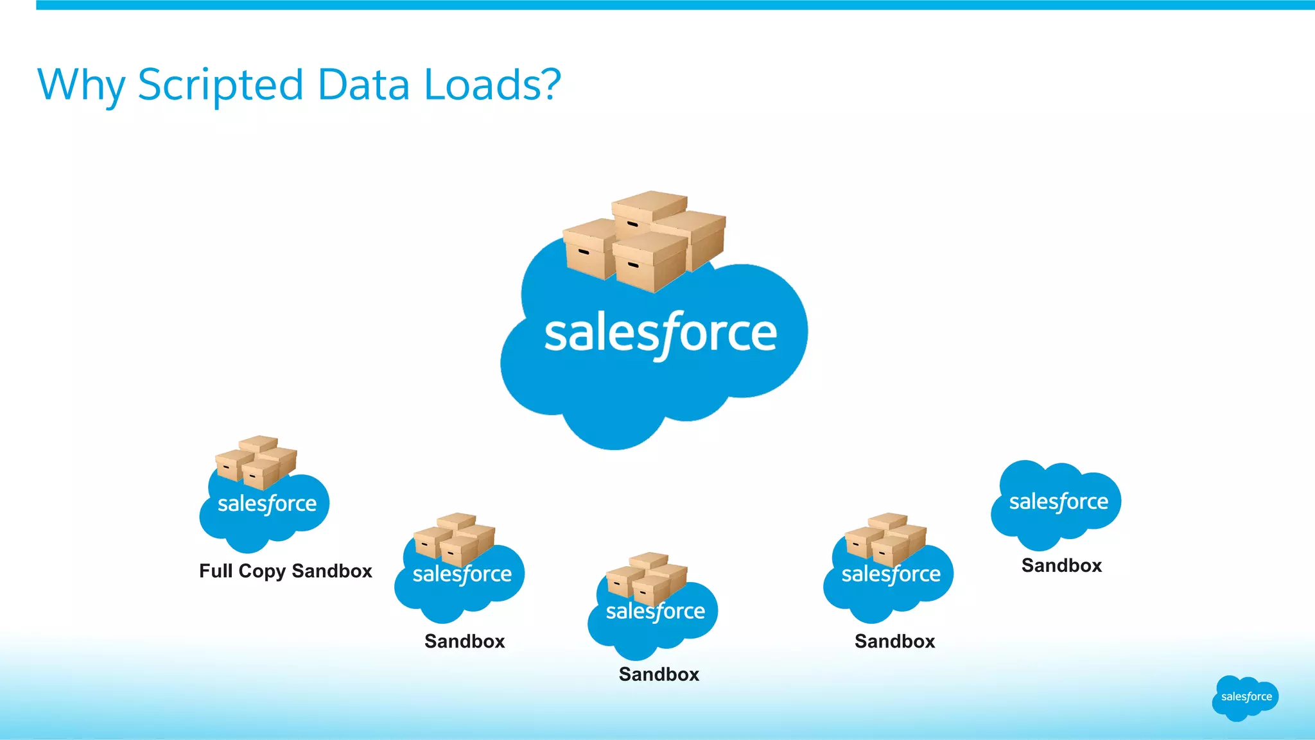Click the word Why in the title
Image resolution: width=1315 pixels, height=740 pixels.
(x=81, y=85)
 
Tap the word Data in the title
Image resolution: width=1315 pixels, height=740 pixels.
(x=363, y=84)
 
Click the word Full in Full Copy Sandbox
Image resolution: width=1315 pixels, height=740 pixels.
(x=215, y=571)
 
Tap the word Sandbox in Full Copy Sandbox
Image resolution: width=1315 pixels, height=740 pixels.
(x=332, y=571)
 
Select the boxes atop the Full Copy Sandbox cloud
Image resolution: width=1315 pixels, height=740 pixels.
(x=256, y=461)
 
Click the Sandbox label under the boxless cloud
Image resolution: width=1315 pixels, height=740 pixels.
(x=1061, y=565)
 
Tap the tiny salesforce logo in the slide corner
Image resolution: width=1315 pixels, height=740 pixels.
(x=1246, y=697)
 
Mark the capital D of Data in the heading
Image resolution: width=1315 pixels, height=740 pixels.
(x=333, y=84)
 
